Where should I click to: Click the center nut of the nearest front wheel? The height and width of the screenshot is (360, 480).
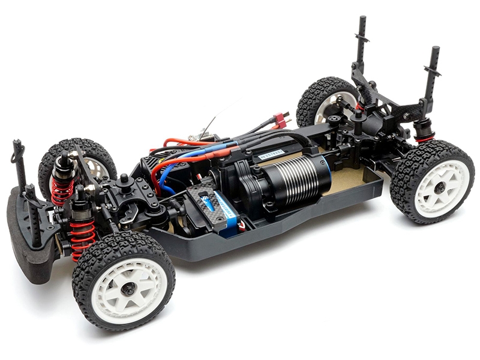click(x=128, y=289)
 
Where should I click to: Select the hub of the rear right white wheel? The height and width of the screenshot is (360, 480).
click(x=440, y=187)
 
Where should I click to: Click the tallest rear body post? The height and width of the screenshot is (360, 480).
click(x=362, y=42)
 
